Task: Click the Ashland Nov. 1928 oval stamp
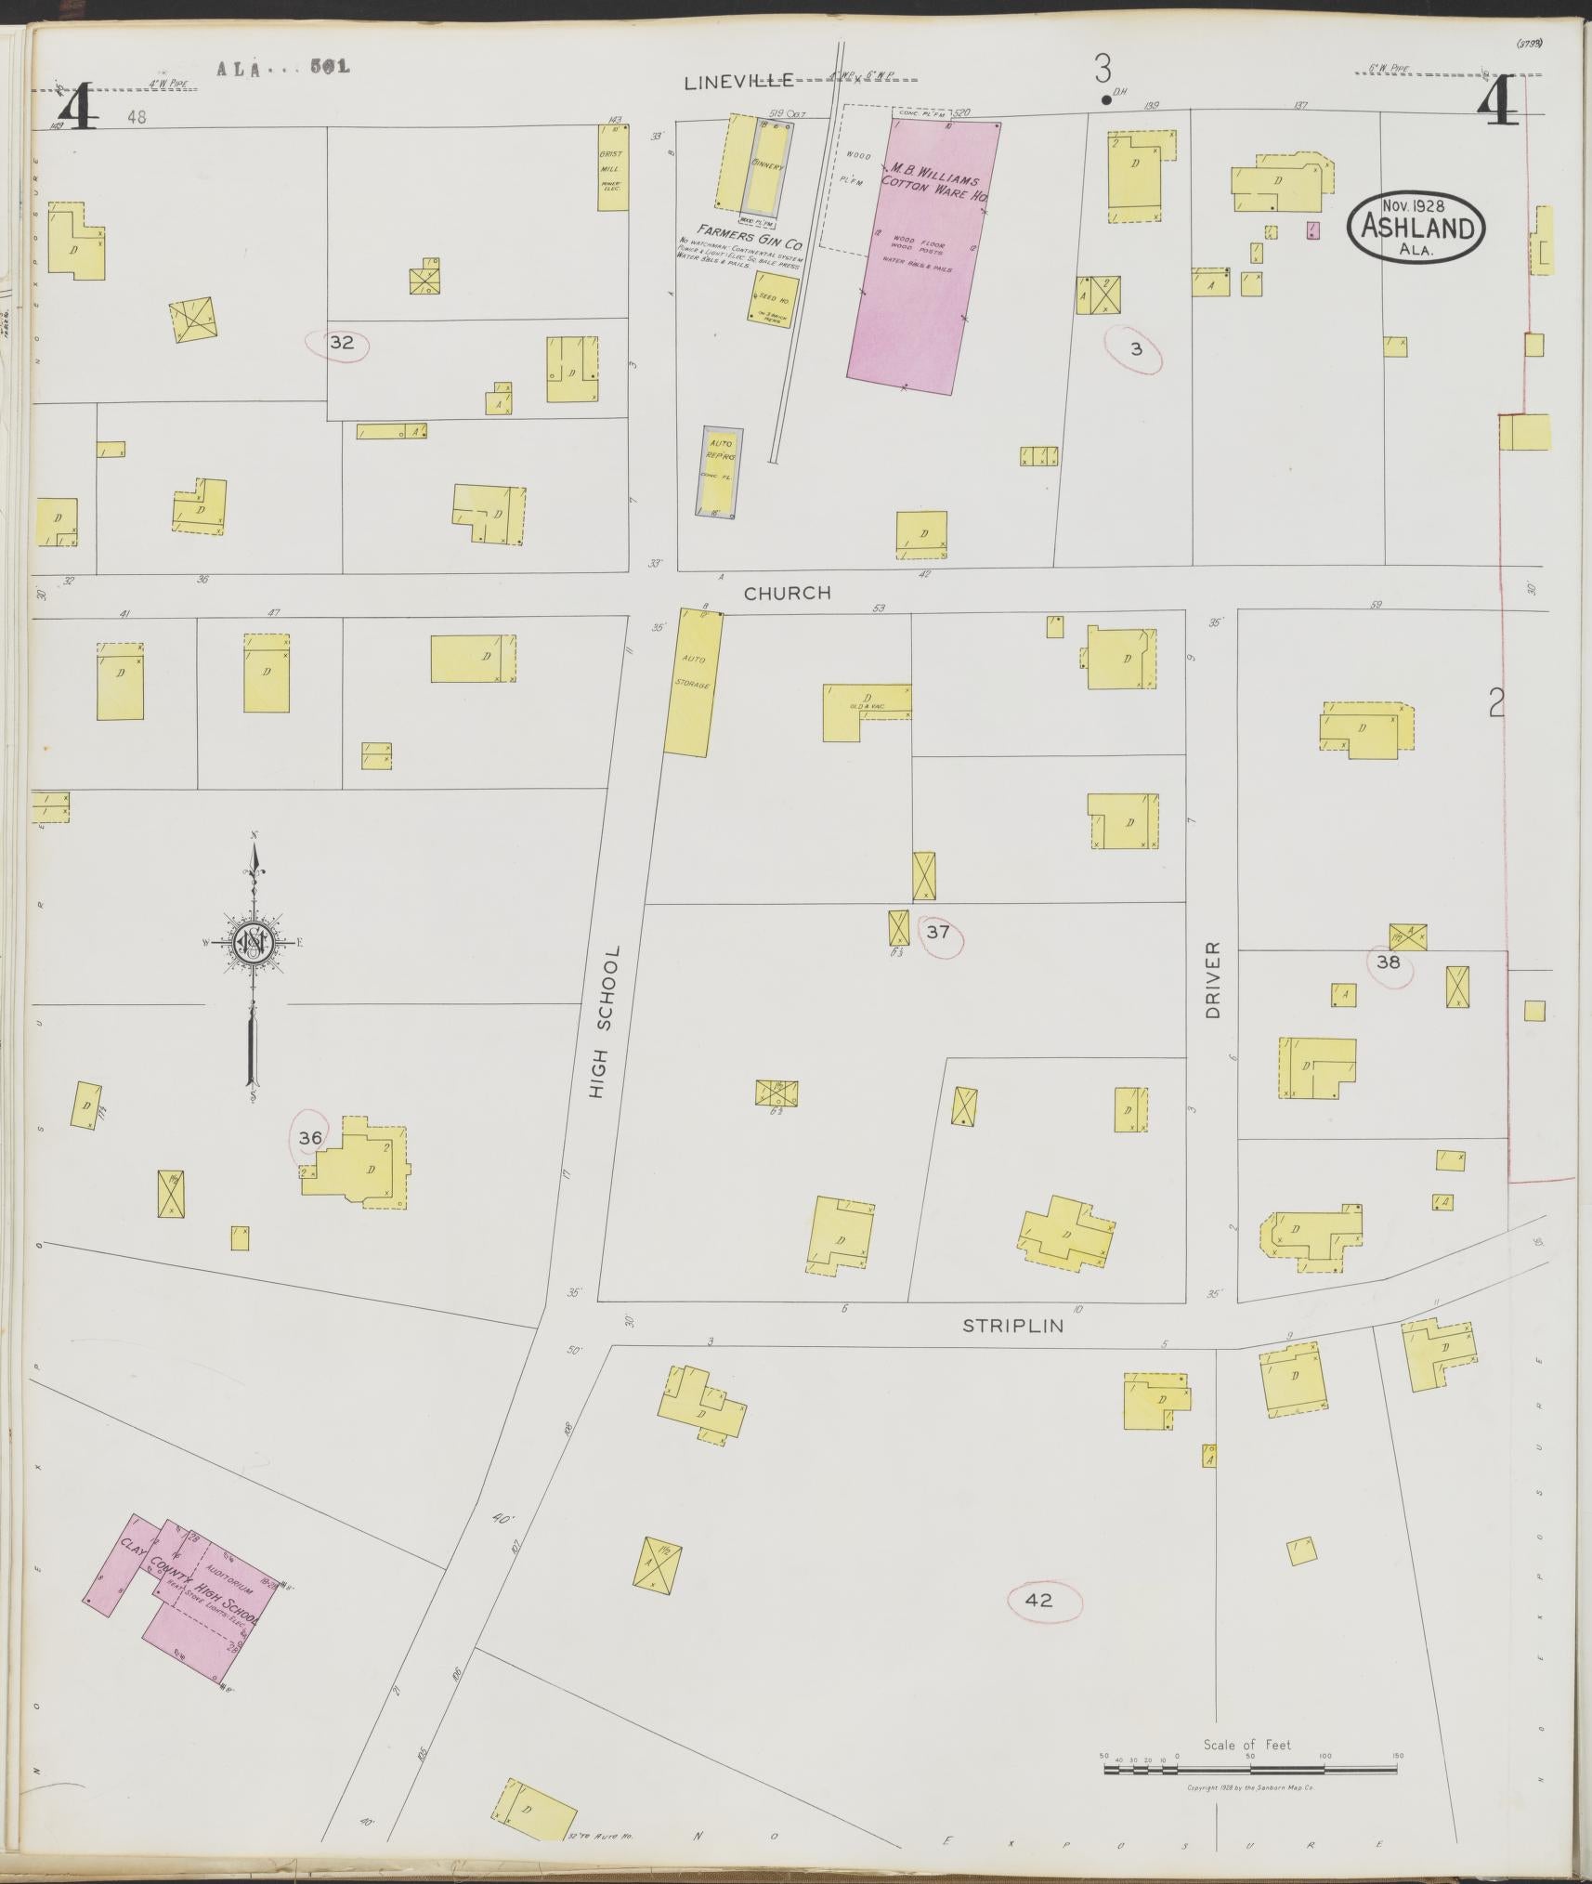pyautogui.click(x=1416, y=228)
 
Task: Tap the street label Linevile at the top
pyautogui.click(x=739, y=82)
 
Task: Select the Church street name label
pyautogui.click(x=787, y=593)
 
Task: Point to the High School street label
pyautogui.click(x=603, y=1023)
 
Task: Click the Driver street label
pyautogui.click(x=1212, y=979)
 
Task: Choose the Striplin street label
pyautogui.click(x=1012, y=1326)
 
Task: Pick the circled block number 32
pyautogui.click(x=341, y=343)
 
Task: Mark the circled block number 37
pyautogui.click(x=938, y=931)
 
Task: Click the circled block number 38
pyautogui.click(x=1388, y=962)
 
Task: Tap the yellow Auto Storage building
pyautogui.click(x=693, y=681)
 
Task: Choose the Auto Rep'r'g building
pyautogui.click(x=721, y=473)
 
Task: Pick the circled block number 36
pyautogui.click(x=310, y=1137)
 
